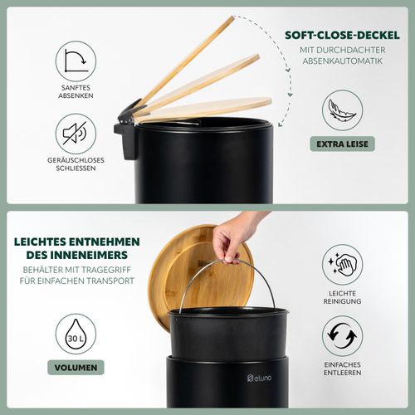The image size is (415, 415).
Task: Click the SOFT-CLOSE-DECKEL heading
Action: coord(342,35)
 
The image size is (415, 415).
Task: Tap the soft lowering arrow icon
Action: coord(76,61)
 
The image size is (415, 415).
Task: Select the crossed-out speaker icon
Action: coord(76,134)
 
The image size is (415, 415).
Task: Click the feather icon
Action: coord(342,110)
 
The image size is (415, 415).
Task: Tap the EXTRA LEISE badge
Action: coord(342,144)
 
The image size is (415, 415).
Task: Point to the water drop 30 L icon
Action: coord(76,334)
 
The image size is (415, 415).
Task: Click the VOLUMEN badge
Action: coord(76,368)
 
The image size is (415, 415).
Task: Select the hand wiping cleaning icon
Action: coord(342,265)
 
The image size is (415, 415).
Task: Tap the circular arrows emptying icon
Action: coord(342,336)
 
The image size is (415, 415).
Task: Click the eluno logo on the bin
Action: coord(259,378)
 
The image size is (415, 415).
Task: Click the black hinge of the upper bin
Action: coord(128,130)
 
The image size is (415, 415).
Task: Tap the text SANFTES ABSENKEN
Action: coord(76,91)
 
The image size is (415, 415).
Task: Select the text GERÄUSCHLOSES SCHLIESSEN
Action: coord(76,164)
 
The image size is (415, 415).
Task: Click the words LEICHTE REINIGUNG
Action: coord(342,297)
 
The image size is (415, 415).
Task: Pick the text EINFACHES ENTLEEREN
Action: coord(342,369)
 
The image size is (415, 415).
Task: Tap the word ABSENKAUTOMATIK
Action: coord(342,61)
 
